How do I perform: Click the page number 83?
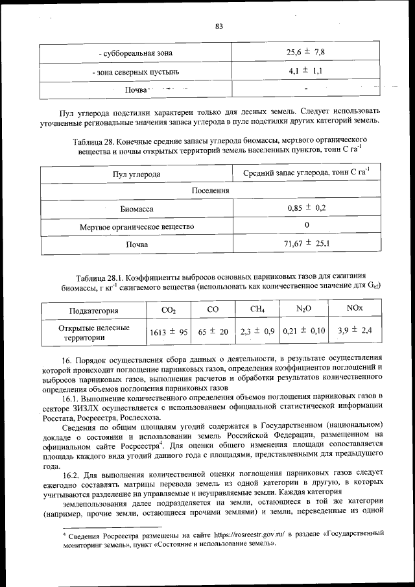[219, 26]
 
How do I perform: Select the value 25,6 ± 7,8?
[305, 52]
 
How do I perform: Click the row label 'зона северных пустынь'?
[136, 71]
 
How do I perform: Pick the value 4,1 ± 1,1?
[305, 70]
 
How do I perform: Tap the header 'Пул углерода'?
[136, 174]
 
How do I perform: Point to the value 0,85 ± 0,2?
[306, 208]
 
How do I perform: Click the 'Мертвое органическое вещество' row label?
[136, 226]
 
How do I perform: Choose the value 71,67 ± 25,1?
[306, 244]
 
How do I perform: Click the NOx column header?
[355, 310]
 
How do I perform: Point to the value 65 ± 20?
[213, 332]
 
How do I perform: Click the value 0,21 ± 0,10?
[304, 331]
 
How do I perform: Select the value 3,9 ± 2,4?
[355, 331]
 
